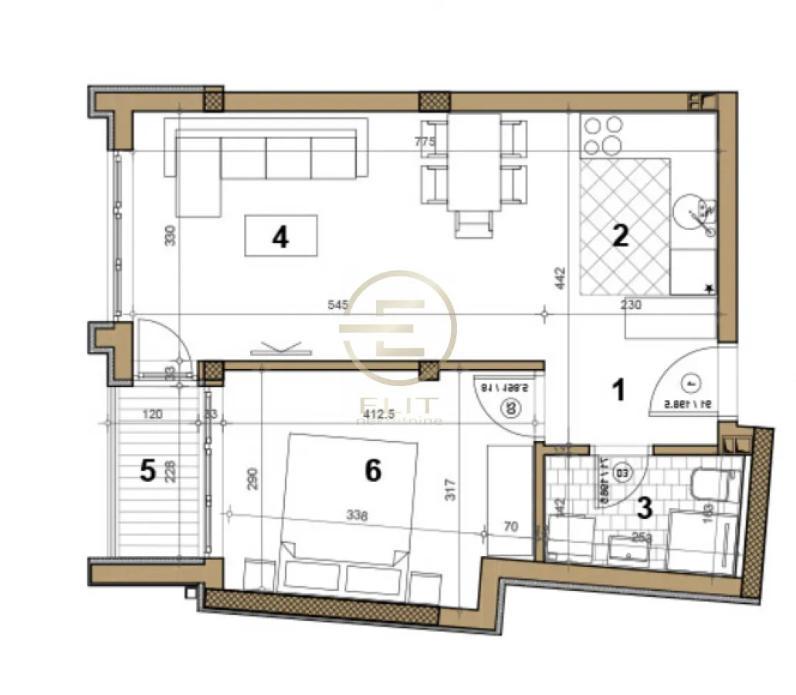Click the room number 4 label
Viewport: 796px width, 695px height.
tap(280, 236)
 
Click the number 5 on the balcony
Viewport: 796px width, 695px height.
tap(147, 470)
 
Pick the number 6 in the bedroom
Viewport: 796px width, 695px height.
tap(373, 470)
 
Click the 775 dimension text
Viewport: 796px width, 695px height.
tap(425, 142)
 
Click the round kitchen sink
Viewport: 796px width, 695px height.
tap(693, 212)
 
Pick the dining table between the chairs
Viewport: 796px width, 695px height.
tap(474, 162)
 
